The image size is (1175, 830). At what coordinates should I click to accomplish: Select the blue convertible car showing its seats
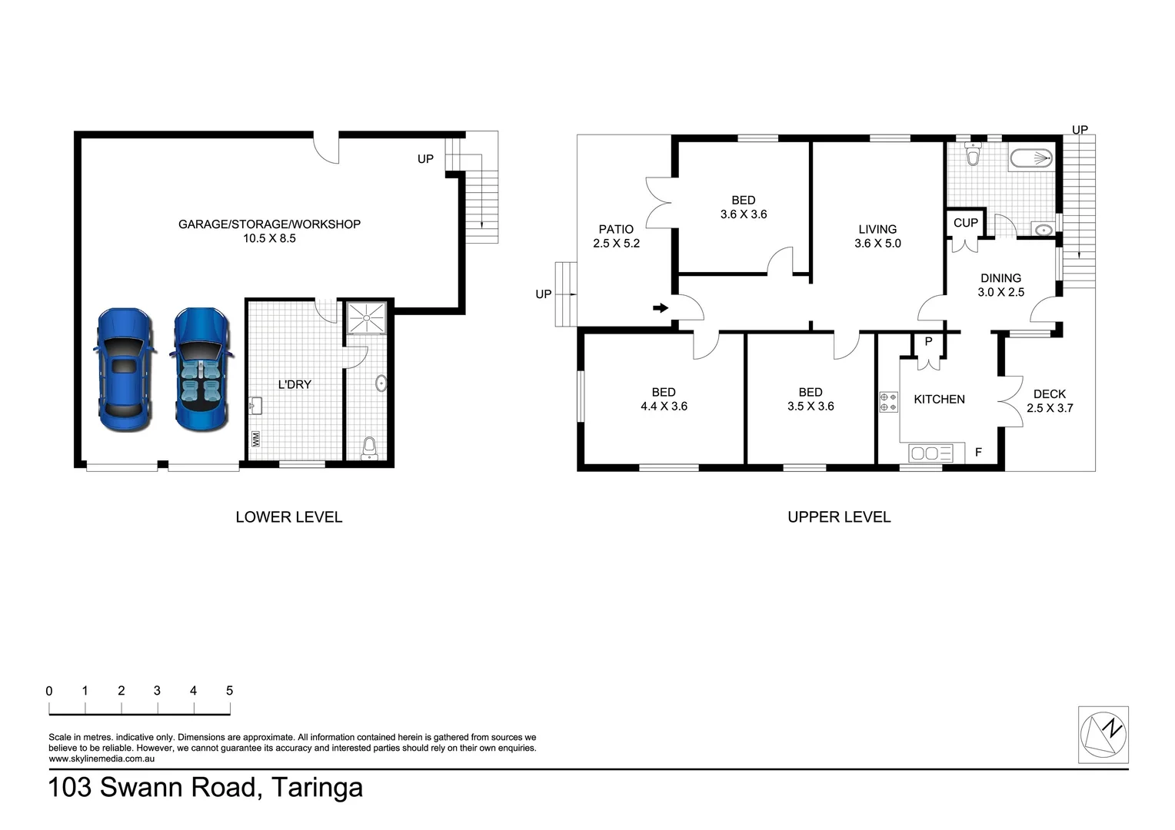tap(201, 370)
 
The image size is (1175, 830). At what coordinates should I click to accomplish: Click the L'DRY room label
tap(295, 384)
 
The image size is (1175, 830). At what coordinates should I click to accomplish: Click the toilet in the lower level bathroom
tap(370, 447)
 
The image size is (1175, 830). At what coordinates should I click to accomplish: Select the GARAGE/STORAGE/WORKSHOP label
tap(269, 224)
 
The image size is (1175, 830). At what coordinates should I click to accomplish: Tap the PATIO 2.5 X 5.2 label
tap(616, 236)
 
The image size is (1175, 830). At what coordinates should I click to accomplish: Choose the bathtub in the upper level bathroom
tap(1030, 159)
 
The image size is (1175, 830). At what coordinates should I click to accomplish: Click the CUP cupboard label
tap(966, 223)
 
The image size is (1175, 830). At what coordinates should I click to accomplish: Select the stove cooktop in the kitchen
tap(889, 402)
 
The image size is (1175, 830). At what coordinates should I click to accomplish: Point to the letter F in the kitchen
tap(978, 453)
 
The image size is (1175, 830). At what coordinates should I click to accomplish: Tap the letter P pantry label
tap(928, 342)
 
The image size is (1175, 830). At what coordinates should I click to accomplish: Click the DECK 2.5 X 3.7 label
tap(1050, 400)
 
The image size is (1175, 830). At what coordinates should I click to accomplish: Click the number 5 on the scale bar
tap(229, 691)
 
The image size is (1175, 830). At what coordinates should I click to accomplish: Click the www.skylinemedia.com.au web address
tap(102, 759)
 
